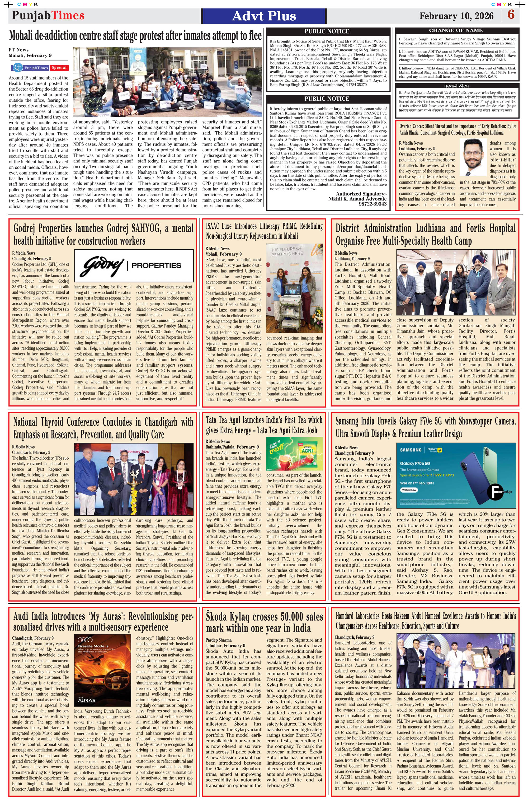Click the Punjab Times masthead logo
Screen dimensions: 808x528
tap(48, 16)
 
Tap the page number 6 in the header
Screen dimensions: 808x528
tap(511, 15)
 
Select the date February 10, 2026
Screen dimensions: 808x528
tap(456, 16)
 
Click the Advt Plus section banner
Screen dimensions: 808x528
tap(264, 16)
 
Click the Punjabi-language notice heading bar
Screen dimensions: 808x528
tap(457, 86)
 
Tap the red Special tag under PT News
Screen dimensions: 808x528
tap(59, 68)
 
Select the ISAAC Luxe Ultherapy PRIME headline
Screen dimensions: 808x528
tap(264, 231)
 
